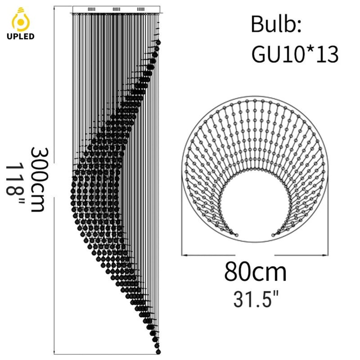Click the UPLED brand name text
(20, 36)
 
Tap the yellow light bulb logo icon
(21, 19)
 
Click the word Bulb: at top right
(276, 24)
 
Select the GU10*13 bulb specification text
(295, 54)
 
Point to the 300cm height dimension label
(40, 179)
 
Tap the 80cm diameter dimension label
(255, 272)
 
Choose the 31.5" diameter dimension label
(256, 299)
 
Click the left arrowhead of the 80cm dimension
(184, 255)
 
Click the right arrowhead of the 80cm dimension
(325, 255)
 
